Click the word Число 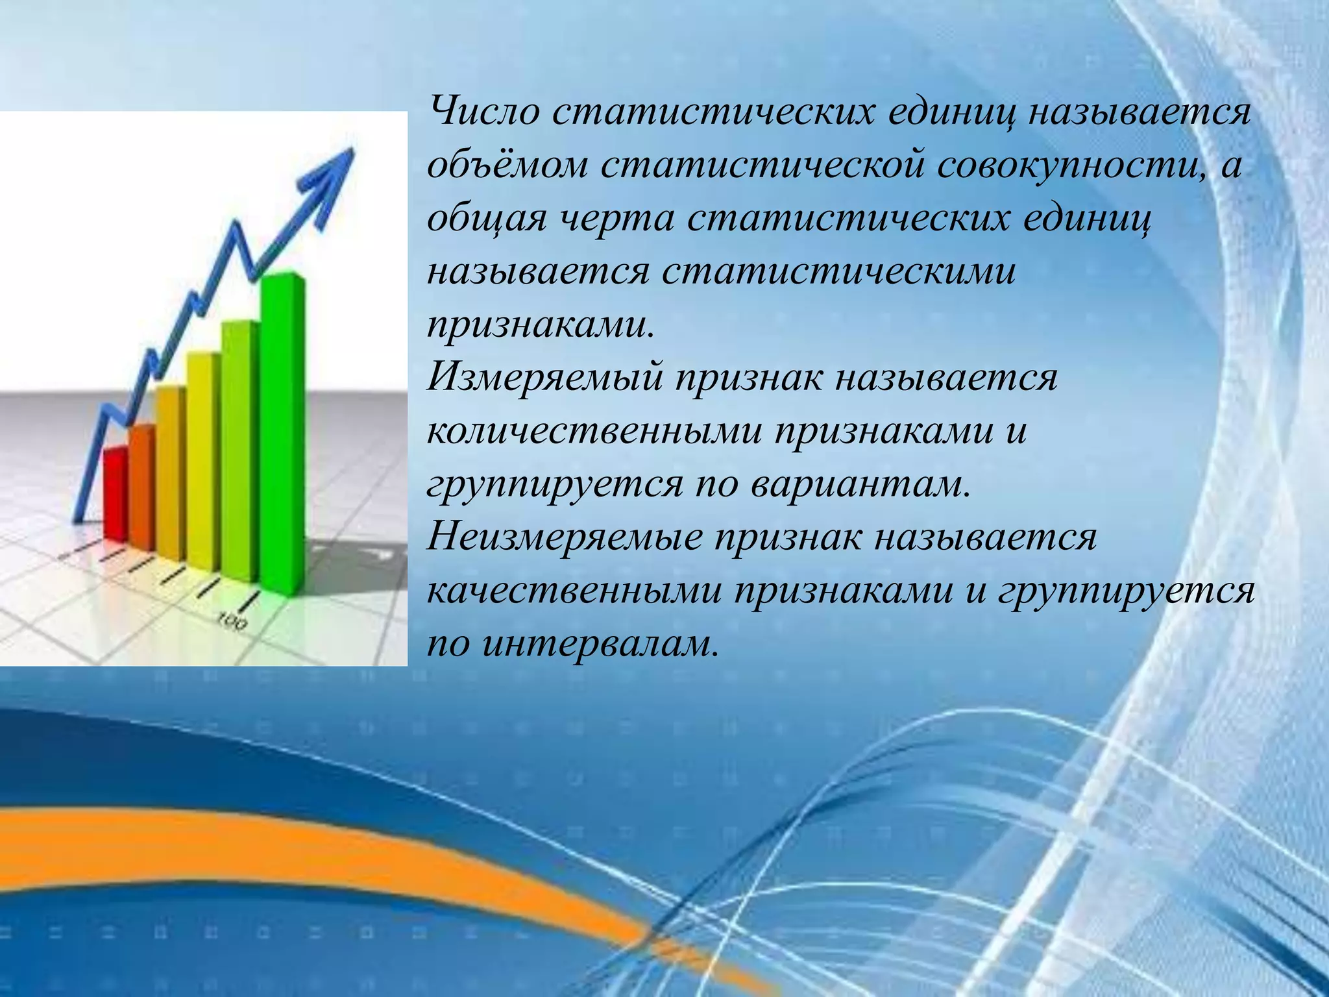(484, 111)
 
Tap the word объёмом (507, 166)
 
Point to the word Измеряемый (544, 378)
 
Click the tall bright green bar (282, 428)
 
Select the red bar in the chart (116, 493)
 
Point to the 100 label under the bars (232, 621)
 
